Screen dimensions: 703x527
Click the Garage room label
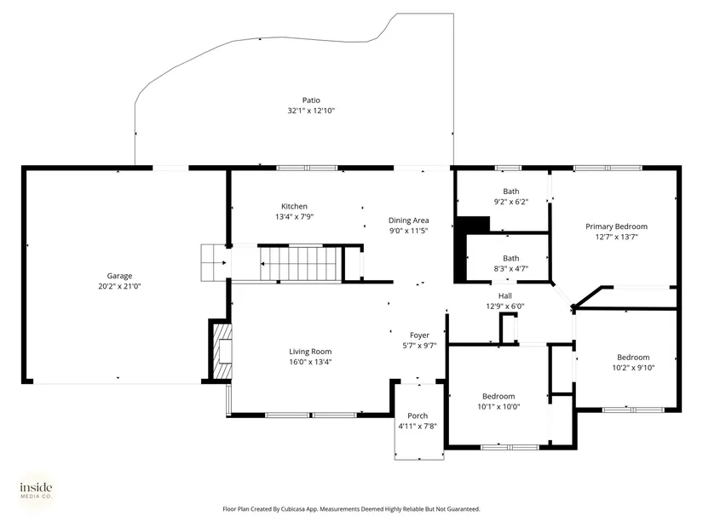click(119, 276)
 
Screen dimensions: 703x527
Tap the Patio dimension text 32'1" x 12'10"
click(311, 111)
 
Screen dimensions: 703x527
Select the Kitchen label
click(294, 206)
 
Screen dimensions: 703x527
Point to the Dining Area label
click(408, 221)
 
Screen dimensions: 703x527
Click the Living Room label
click(310, 352)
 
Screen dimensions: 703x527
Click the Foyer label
click(419, 335)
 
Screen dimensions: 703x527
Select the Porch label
click(418, 415)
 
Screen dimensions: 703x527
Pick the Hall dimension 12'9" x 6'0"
click(505, 306)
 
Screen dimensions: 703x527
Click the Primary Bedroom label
click(616, 226)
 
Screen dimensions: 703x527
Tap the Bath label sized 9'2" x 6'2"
click(511, 192)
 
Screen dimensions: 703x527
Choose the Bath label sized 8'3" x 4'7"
click(511, 258)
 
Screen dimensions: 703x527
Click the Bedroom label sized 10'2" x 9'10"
click(633, 358)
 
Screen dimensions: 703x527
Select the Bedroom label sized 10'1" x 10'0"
click(498, 396)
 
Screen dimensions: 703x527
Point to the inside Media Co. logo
click(36, 490)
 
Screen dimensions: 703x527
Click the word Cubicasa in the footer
click(293, 509)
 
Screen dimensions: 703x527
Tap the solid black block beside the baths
click(466, 249)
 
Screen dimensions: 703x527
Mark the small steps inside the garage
click(213, 262)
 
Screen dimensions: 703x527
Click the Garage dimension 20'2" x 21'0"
click(119, 286)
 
